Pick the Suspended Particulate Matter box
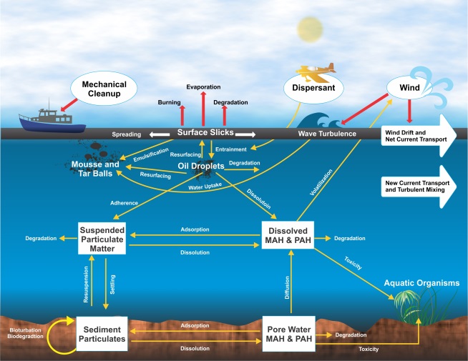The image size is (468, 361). click(x=107, y=239)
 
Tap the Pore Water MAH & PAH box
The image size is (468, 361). click(x=289, y=332)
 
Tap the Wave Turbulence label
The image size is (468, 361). click(x=328, y=134)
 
